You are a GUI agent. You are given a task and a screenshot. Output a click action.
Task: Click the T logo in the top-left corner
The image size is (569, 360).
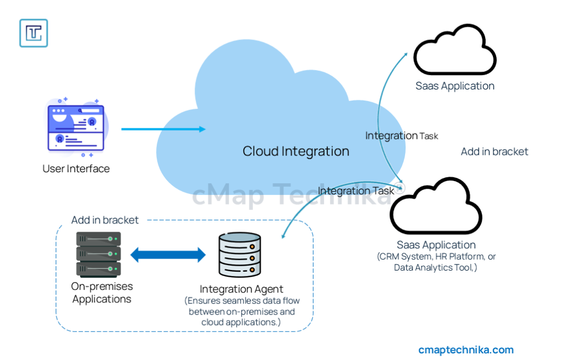click(33, 33)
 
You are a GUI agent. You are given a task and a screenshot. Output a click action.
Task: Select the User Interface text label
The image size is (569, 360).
click(76, 168)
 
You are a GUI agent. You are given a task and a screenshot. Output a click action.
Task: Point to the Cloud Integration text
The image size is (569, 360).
click(296, 151)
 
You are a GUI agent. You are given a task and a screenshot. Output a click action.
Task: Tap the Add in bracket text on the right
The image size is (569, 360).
click(495, 152)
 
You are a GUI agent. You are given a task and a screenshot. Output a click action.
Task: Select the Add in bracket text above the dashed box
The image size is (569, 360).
click(105, 220)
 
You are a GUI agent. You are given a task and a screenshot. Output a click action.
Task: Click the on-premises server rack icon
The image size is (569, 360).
click(98, 254)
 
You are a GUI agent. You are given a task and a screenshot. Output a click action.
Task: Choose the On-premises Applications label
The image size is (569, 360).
click(102, 293)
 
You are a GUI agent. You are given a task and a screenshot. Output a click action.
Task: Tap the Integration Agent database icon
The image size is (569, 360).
click(239, 254)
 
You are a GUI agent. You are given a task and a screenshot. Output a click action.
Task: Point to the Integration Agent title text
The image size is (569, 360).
click(241, 289)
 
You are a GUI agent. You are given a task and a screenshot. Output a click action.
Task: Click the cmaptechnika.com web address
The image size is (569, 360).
click(466, 349)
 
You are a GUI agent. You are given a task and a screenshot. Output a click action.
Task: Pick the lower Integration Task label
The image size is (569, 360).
click(356, 191)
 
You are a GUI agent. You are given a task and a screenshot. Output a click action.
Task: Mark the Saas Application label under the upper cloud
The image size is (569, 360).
click(455, 86)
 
